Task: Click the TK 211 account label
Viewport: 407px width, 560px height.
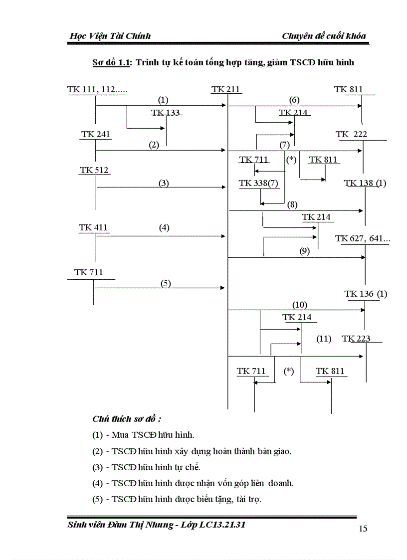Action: tap(226, 90)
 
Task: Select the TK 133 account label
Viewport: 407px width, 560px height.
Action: tap(166, 113)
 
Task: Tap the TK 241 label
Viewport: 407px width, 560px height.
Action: tap(95, 135)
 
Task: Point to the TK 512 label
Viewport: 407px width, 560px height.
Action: tap(94, 171)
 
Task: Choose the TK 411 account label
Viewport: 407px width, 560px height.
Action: tap(93, 227)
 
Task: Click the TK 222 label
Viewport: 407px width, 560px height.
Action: tap(352, 134)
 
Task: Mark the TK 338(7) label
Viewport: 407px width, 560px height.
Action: tap(258, 183)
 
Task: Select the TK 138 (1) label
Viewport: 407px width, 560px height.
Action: tap(365, 183)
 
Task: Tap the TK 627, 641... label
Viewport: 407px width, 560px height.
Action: tap(363, 239)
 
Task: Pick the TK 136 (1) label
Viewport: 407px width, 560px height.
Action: tap(366, 294)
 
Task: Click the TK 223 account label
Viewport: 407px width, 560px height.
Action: tap(356, 339)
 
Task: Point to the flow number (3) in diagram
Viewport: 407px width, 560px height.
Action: tap(164, 183)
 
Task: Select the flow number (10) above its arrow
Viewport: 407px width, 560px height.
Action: tap(300, 305)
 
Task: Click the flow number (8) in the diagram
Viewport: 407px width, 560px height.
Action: tap(292, 204)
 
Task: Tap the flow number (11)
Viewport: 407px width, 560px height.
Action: tap(324, 339)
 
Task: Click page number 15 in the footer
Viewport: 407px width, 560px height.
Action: tap(363, 529)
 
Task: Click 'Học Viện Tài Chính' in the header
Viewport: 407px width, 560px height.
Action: tap(111, 36)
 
